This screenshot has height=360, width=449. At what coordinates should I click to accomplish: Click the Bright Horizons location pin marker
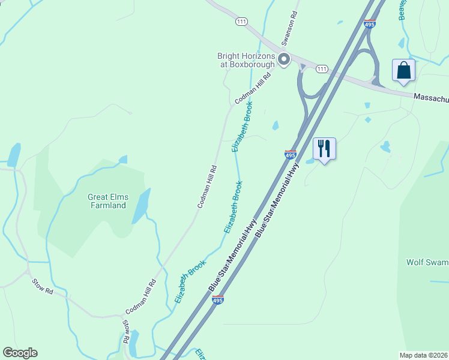284,59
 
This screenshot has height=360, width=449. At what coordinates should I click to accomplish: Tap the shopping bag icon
404,70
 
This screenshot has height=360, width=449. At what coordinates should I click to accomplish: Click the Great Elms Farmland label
107,201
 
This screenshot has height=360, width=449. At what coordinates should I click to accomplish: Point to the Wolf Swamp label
427,262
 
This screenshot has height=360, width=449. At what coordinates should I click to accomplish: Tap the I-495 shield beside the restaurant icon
290,155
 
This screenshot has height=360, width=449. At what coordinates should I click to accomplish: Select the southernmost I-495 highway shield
218,300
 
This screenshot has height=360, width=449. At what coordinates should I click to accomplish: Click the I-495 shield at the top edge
369,23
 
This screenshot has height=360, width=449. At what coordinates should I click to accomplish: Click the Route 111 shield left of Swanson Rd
241,21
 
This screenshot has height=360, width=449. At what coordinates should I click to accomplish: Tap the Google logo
20,353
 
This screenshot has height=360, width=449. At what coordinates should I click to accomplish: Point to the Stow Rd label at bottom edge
126,331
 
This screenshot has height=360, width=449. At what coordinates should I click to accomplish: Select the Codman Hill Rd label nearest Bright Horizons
253,88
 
